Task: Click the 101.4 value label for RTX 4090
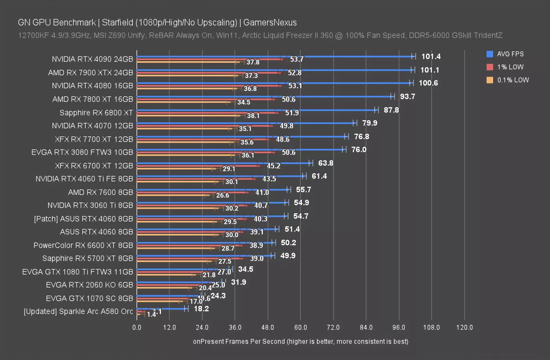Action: click(x=431, y=56)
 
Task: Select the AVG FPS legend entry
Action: click(x=510, y=54)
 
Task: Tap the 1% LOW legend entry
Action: click(x=510, y=67)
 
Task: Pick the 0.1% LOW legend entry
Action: click(x=513, y=80)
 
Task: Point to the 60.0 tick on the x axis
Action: click(x=300, y=327)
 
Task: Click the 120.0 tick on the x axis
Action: click(x=464, y=327)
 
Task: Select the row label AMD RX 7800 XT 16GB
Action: click(x=92, y=99)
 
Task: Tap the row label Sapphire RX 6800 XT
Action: click(x=96, y=112)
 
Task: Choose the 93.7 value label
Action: click(x=407, y=96)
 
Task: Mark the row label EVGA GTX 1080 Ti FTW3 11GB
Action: click(x=77, y=272)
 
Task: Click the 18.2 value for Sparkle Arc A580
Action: click(x=201, y=309)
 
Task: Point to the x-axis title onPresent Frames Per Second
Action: click(x=300, y=341)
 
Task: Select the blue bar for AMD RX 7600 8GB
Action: click(x=212, y=190)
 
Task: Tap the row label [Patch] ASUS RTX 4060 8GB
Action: click(x=83, y=219)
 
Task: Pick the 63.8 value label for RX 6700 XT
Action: click(x=325, y=163)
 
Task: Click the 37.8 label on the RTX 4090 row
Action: click(x=253, y=62)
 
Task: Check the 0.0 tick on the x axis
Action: click(x=136, y=327)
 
